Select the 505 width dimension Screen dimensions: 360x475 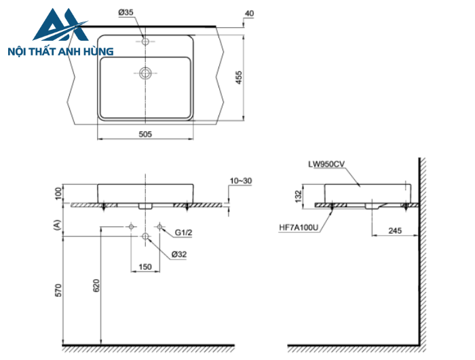point(145,134)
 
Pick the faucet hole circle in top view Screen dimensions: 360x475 point(145,41)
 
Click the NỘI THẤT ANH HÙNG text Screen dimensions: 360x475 point(60,51)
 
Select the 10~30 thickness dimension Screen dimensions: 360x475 point(240,181)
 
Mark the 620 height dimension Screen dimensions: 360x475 point(96,286)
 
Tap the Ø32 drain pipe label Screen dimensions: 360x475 point(180,253)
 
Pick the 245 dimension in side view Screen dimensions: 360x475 point(395,231)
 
